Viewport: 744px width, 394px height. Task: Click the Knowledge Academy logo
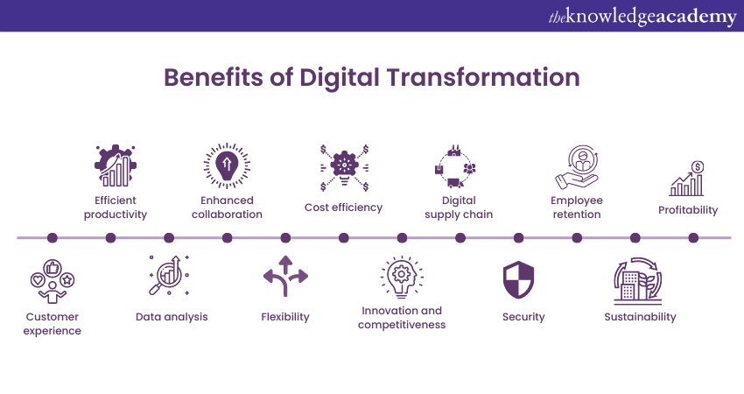pos(642,17)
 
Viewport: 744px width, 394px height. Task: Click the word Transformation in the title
pos(483,77)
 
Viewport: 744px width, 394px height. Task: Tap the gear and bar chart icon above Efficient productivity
pos(116,165)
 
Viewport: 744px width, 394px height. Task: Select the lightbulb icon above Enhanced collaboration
pos(227,165)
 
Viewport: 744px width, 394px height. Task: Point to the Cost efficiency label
pos(343,208)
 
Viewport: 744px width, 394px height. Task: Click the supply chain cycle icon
pos(455,166)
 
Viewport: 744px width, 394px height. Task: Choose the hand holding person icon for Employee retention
pos(577,167)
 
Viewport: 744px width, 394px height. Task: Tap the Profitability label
pos(688,210)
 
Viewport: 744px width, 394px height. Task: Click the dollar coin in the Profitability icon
pos(698,167)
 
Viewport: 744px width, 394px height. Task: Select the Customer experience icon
pos(53,281)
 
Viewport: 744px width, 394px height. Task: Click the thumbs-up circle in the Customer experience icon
pos(53,268)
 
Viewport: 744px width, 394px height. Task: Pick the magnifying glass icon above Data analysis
pos(170,275)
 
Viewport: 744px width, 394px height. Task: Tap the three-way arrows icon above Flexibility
pos(285,277)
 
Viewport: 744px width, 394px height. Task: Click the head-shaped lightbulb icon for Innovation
pos(402,278)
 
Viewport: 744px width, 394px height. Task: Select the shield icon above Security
pos(519,279)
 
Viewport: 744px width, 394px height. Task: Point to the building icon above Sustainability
pos(638,281)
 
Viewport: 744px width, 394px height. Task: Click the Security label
pos(523,317)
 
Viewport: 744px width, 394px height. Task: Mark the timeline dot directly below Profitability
pos(693,238)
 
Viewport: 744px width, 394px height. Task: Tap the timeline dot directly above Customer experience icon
pos(53,238)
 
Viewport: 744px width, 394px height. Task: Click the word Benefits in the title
pos(213,77)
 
